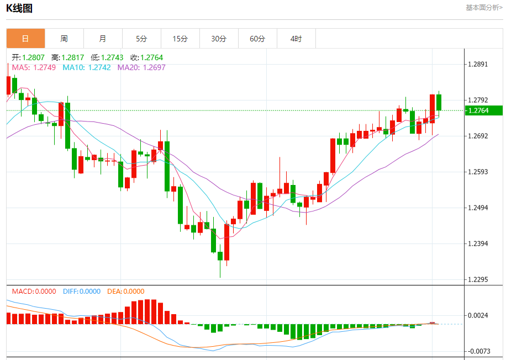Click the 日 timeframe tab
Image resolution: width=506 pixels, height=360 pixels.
tap(25, 39)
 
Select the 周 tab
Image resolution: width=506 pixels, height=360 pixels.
tap(64, 39)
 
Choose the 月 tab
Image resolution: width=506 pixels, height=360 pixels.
tap(103, 39)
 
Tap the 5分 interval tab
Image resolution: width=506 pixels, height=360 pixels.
tap(141, 39)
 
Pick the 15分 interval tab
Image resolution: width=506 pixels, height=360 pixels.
tap(180, 39)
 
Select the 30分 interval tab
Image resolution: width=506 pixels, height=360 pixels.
tap(219, 39)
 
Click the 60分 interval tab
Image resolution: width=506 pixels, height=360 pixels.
tap(257, 39)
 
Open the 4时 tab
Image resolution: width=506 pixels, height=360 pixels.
tap(296, 39)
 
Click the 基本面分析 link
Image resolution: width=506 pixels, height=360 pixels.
tap(484, 8)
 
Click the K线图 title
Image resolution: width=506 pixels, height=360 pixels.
tap(19, 8)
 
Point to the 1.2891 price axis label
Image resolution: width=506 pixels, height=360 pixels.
tap(478, 64)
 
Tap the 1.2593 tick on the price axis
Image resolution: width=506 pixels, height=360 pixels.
tap(478, 172)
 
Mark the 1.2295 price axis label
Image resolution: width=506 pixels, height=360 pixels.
tap(478, 279)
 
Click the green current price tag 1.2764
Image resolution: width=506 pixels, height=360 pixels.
tap(483, 110)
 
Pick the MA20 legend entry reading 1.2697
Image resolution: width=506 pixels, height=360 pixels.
tap(141, 67)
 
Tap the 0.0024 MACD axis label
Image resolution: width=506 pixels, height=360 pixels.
tap(478, 315)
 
